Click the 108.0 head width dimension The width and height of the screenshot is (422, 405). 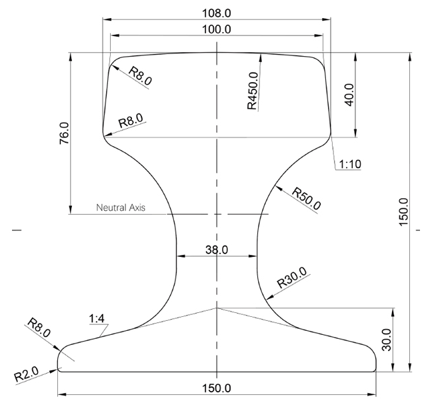click(217, 13)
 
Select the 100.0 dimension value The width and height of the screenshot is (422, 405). click(217, 29)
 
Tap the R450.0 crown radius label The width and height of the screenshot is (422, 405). click(253, 91)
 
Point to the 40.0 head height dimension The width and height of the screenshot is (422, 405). click(349, 95)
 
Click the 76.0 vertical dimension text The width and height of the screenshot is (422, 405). click(64, 133)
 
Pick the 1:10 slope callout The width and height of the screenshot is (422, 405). click(350, 164)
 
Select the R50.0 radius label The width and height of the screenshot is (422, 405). click(307, 198)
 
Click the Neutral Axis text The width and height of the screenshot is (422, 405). click(121, 208)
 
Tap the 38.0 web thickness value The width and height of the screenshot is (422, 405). click(217, 250)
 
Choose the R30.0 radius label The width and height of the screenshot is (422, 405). click(292, 278)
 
